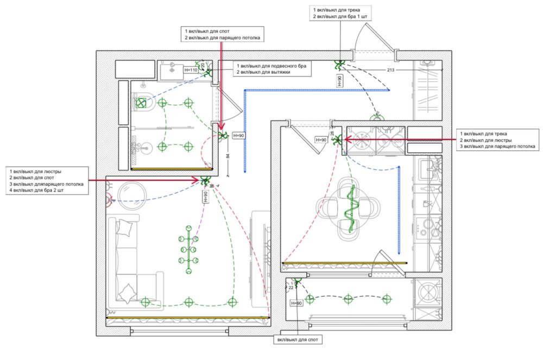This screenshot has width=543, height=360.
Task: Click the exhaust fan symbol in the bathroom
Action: pos(141,103)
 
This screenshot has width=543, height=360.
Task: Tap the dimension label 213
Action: pos(390,70)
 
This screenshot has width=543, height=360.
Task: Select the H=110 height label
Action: pos(191,70)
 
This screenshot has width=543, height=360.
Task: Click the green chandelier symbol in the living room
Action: pos(188,249)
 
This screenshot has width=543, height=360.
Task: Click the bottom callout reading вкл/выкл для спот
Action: pos(298,340)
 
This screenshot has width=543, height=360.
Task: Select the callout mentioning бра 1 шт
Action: pos(340,16)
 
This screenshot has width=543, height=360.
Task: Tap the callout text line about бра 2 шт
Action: pos(36,190)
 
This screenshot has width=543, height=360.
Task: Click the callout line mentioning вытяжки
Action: pos(263,72)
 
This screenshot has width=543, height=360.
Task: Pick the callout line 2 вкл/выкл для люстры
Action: pos(485,140)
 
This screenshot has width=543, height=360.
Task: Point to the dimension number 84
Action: pos(228,156)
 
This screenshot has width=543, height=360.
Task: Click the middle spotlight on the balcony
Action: pos(348,299)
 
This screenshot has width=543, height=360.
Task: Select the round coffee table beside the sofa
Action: pos(132,195)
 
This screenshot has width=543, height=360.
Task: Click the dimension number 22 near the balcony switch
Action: pos(291,288)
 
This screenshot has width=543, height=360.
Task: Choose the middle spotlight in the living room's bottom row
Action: pos(188,302)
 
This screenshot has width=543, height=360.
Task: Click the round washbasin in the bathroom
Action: pos(145,148)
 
